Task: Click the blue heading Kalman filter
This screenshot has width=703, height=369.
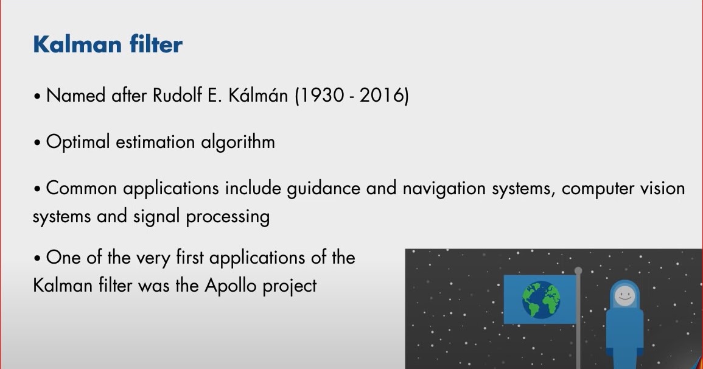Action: click(108, 44)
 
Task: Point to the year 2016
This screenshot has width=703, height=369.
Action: click(382, 96)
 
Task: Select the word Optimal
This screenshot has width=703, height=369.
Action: click(77, 142)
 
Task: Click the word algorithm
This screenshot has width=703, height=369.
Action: click(237, 142)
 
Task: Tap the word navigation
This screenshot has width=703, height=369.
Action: click(444, 188)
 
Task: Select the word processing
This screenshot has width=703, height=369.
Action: click(227, 217)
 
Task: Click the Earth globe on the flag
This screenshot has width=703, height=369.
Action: click(541, 300)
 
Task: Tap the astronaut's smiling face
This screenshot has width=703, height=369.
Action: click(624, 296)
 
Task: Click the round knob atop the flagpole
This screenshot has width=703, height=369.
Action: click(578, 270)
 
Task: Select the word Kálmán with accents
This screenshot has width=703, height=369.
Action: click(258, 95)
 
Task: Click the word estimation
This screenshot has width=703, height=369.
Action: click(155, 142)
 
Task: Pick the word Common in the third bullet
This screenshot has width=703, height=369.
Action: click(82, 188)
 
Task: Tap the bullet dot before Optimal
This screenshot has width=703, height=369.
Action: click(37, 144)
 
